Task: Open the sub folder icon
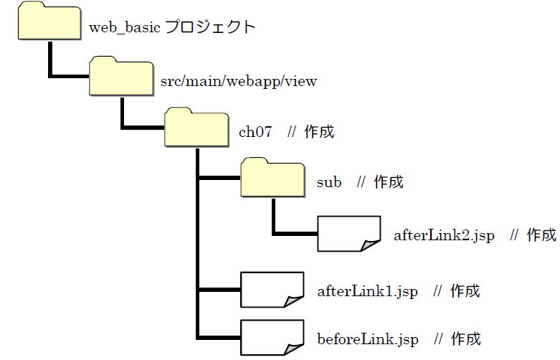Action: click(x=272, y=179)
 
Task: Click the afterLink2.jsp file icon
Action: click(x=348, y=234)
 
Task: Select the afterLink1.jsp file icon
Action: click(x=272, y=290)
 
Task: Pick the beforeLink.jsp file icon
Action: click(x=272, y=337)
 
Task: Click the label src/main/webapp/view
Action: click(x=240, y=81)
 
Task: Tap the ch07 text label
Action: click(x=255, y=133)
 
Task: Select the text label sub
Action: click(x=329, y=183)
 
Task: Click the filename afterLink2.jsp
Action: click(x=444, y=235)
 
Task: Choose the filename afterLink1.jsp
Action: click(x=367, y=291)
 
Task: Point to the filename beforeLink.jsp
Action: click(x=367, y=338)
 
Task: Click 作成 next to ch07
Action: click(x=319, y=133)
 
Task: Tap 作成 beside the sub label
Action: click(x=389, y=183)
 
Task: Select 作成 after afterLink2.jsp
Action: click(x=541, y=235)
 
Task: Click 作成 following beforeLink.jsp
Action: click(x=466, y=338)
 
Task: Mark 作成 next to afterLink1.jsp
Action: click(x=465, y=291)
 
